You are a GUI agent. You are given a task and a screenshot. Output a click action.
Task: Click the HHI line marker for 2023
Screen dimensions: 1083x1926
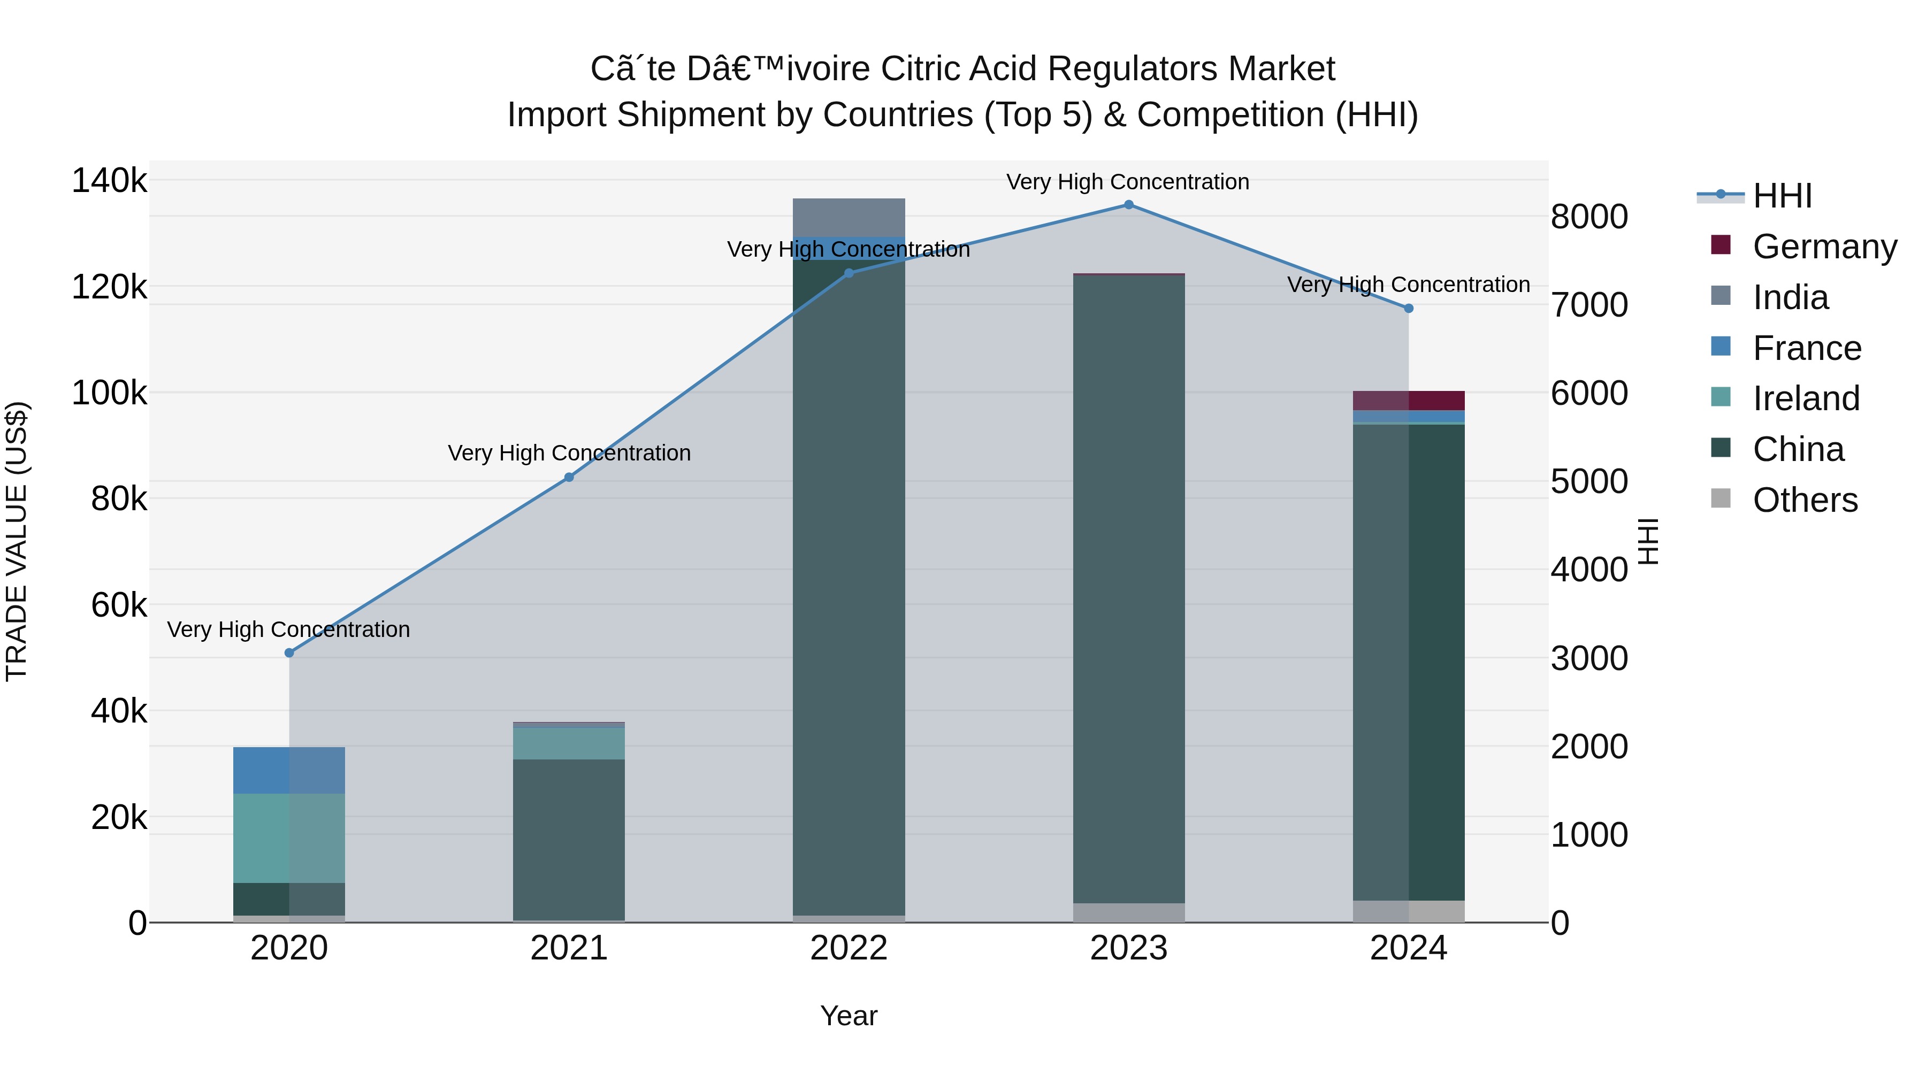(x=1128, y=205)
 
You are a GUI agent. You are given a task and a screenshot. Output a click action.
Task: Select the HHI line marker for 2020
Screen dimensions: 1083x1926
(x=289, y=652)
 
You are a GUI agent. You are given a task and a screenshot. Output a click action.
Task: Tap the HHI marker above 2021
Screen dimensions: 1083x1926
(x=569, y=477)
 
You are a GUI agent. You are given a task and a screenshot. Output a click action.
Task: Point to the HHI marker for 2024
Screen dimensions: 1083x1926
(x=1409, y=308)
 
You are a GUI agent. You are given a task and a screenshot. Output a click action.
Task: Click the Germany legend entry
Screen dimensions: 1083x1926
(x=1824, y=247)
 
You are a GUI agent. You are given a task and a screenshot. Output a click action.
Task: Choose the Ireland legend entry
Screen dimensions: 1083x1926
(x=1806, y=398)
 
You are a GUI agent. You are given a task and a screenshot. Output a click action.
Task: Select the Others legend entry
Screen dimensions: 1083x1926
(x=1804, y=500)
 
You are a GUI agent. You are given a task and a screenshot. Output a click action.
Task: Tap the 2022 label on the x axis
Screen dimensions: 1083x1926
(x=849, y=948)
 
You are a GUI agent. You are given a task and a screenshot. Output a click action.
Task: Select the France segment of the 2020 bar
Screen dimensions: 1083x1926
(x=289, y=770)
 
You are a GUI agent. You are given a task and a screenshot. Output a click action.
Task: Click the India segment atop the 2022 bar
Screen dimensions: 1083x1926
(x=849, y=218)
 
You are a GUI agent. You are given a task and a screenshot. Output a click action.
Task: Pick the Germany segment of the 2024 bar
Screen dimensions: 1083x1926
(x=1409, y=401)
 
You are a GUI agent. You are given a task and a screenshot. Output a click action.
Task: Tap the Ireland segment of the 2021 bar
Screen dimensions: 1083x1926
(x=569, y=743)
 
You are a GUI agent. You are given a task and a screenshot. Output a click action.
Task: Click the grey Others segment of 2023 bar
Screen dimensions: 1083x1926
(x=1128, y=912)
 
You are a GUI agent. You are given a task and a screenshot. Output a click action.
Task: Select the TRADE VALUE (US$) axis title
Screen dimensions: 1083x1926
(x=17, y=541)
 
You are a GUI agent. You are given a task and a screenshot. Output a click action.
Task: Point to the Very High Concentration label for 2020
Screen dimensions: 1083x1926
(x=288, y=629)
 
